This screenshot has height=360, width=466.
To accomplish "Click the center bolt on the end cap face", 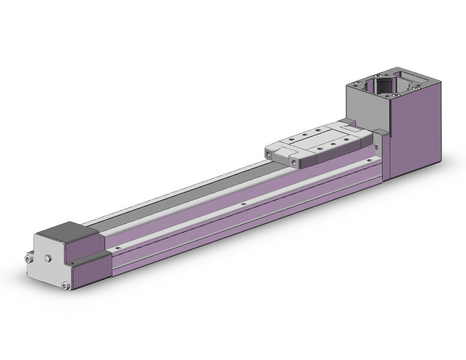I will click(47, 259).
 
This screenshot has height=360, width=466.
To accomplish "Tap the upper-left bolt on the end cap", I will click(29, 259).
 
